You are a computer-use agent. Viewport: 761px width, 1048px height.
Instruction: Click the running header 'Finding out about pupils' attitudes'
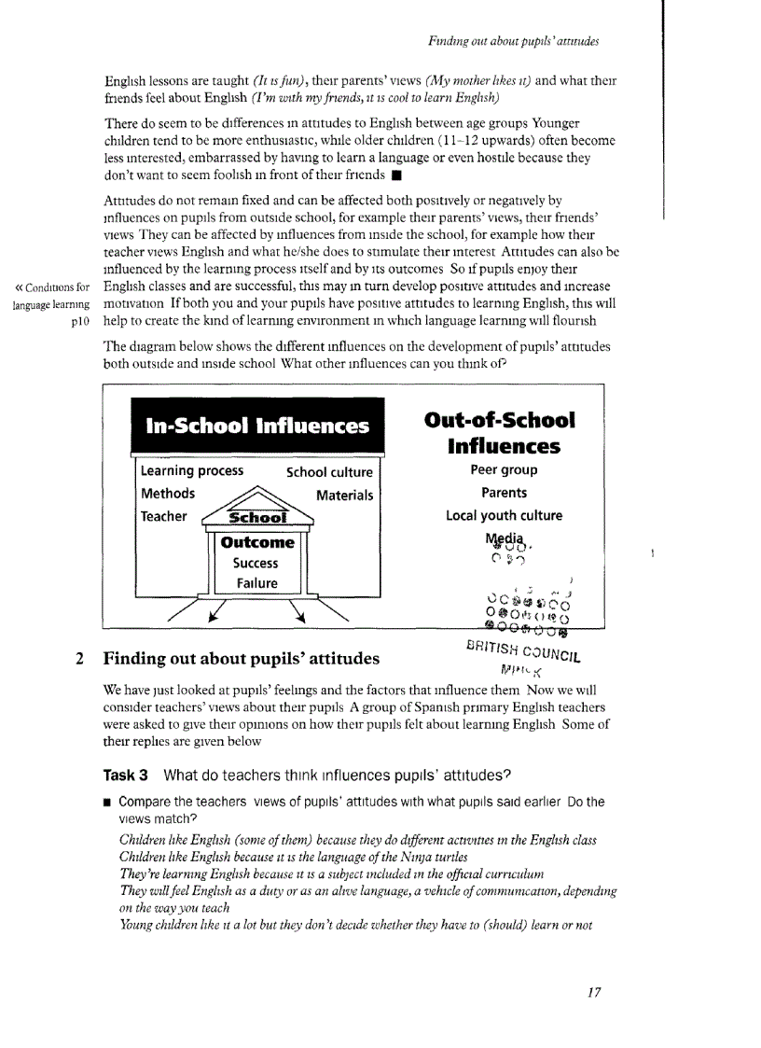pyautogui.click(x=512, y=41)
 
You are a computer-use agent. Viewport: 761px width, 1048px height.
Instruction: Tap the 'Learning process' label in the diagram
pyautogui.click(x=192, y=471)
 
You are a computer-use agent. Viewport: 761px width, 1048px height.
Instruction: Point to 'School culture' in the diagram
pyautogui.click(x=329, y=472)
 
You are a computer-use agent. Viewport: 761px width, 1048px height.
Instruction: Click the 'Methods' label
pyautogui.click(x=168, y=494)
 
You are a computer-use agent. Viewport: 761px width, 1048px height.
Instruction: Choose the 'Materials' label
pyautogui.click(x=344, y=496)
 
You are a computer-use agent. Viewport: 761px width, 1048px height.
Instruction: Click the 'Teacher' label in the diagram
pyautogui.click(x=164, y=516)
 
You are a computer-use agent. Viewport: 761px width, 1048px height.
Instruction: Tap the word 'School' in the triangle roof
pyautogui.click(x=257, y=518)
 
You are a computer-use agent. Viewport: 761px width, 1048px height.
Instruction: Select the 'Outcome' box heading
pyautogui.click(x=256, y=542)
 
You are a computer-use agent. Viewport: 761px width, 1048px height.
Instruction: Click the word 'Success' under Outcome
pyautogui.click(x=256, y=563)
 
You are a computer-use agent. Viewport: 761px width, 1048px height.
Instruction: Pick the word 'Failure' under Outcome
pyautogui.click(x=256, y=583)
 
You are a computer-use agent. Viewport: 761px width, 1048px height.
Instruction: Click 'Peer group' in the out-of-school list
pyautogui.click(x=505, y=470)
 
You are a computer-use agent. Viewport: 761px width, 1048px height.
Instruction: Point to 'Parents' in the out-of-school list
pyautogui.click(x=505, y=493)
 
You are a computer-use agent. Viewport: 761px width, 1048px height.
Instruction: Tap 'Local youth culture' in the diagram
pyautogui.click(x=505, y=515)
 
